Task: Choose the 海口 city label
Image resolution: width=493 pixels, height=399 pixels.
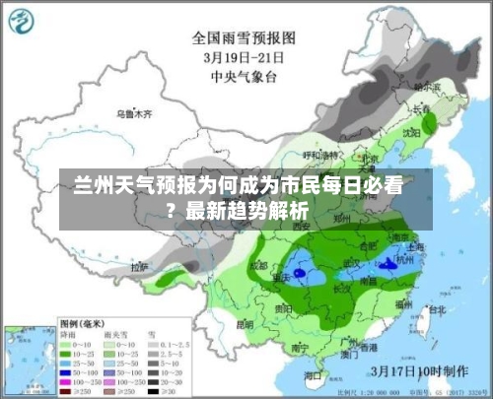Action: [315, 376]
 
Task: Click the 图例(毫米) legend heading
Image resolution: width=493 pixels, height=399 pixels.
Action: [83, 322]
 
